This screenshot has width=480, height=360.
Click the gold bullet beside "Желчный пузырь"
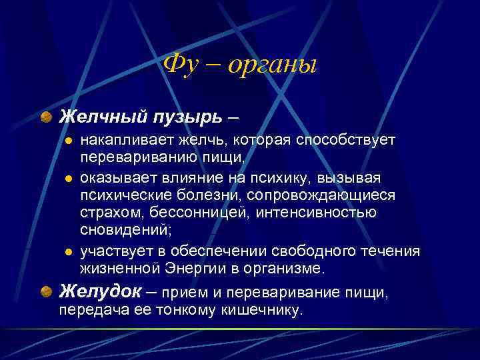[x=46, y=117]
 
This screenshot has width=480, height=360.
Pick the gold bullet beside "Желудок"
[x=46, y=291]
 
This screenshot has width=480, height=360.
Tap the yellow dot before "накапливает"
[x=67, y=141]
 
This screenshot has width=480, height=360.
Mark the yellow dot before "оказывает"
[x=67, y=179]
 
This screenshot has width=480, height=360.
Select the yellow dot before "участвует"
[x=67, y=252]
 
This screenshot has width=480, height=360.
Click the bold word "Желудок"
[x=99, y=291]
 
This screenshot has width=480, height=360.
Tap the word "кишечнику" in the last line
[x=263, y=310]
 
